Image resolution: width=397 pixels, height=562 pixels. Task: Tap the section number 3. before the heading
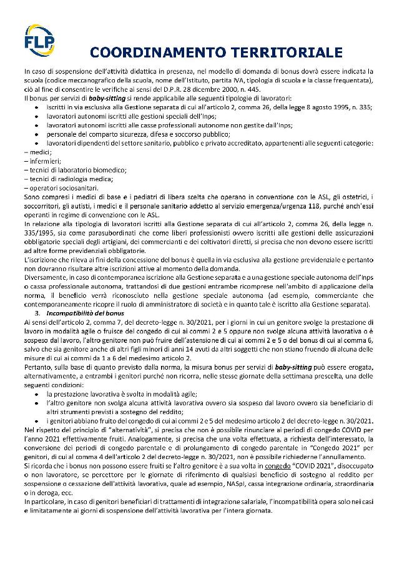38,312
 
